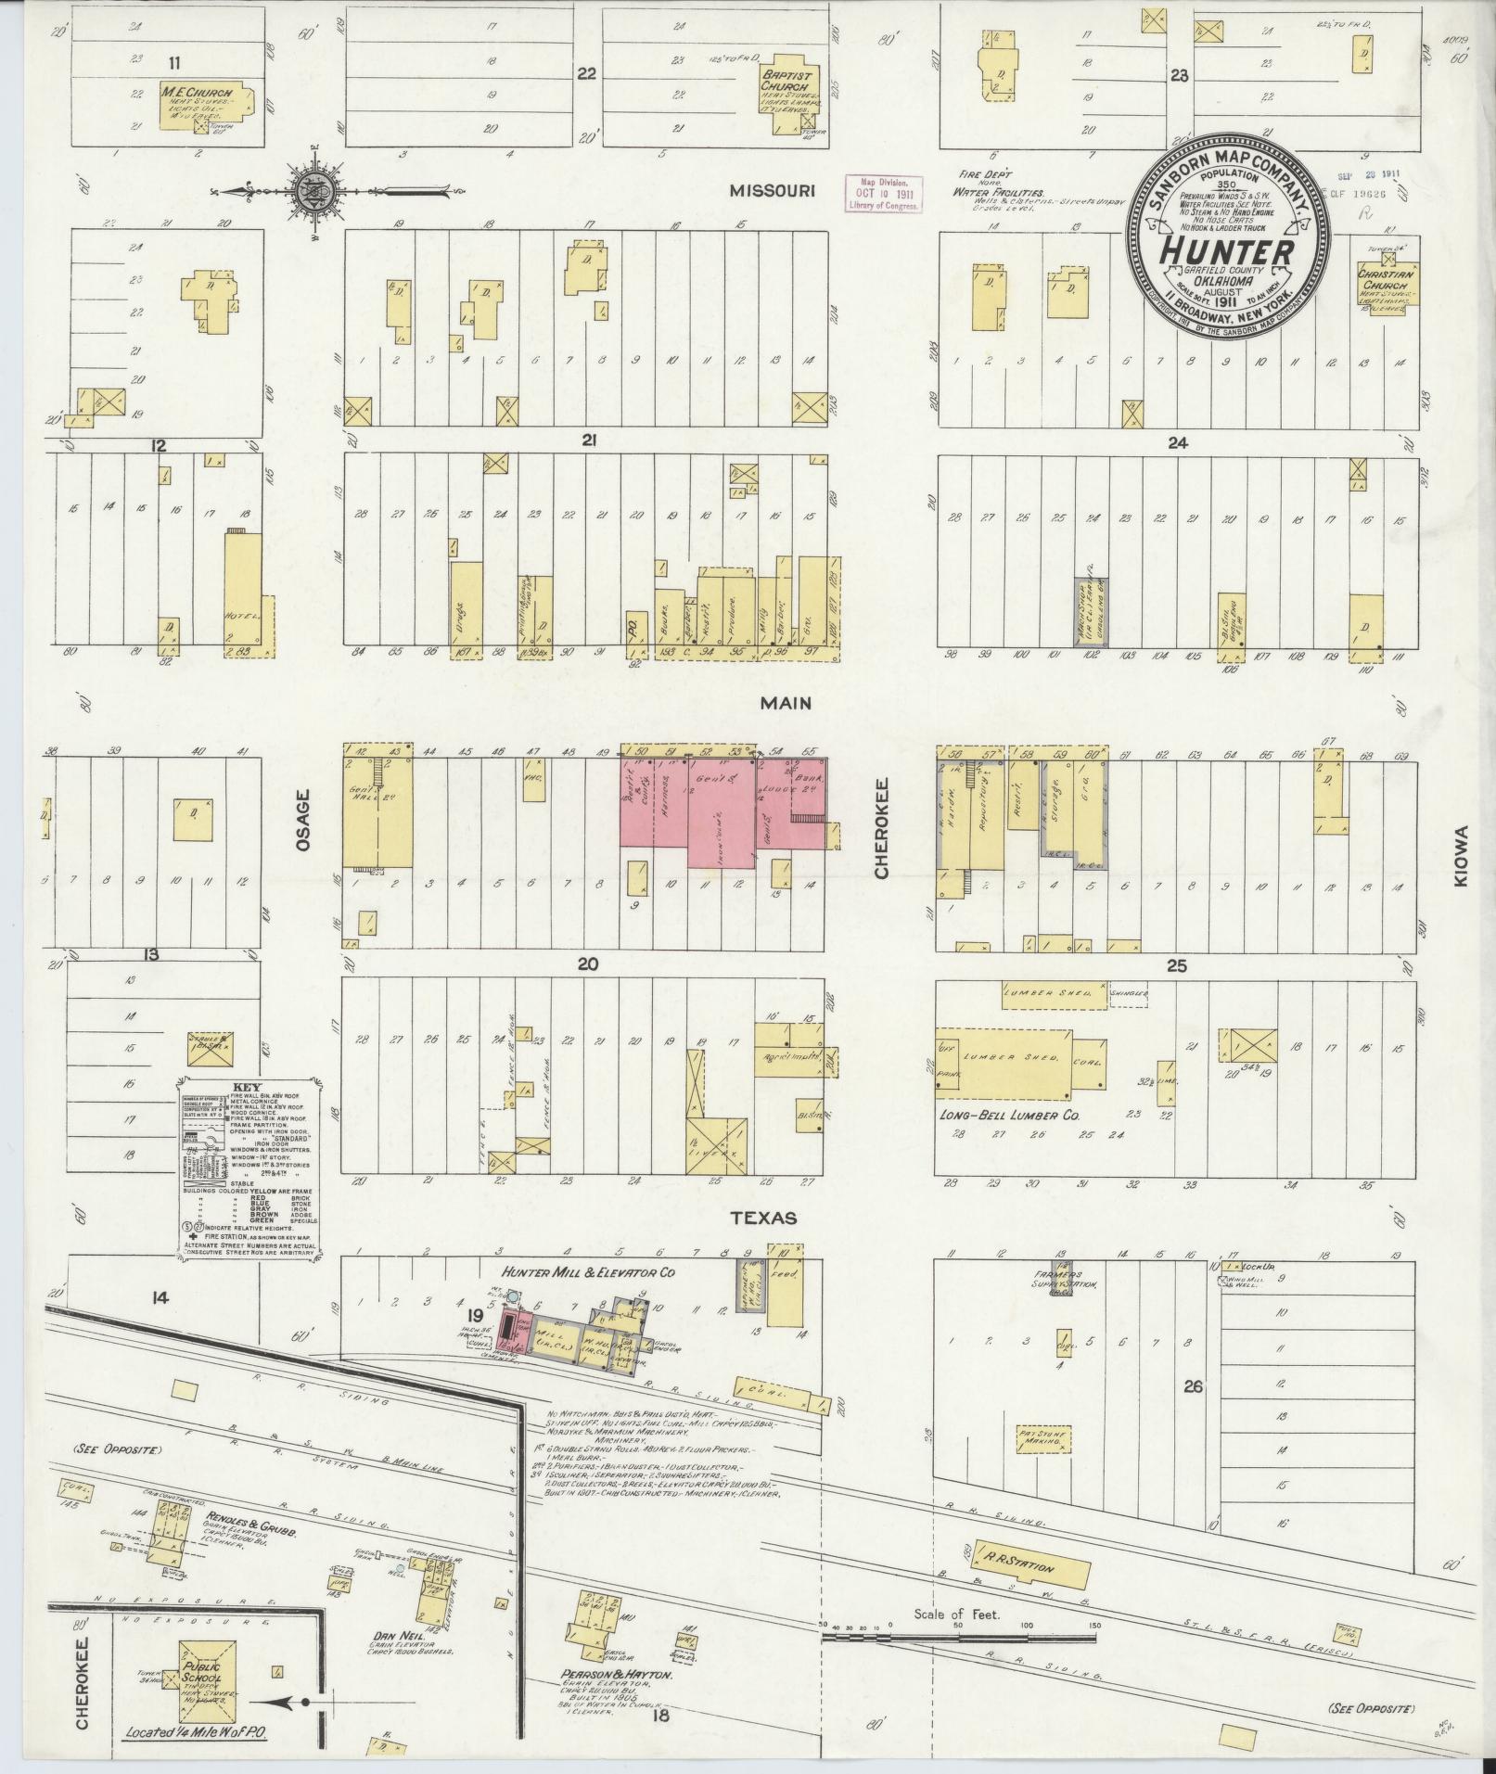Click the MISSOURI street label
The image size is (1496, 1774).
[x=771, y=190]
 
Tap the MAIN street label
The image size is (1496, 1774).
[x=786, y=703]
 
